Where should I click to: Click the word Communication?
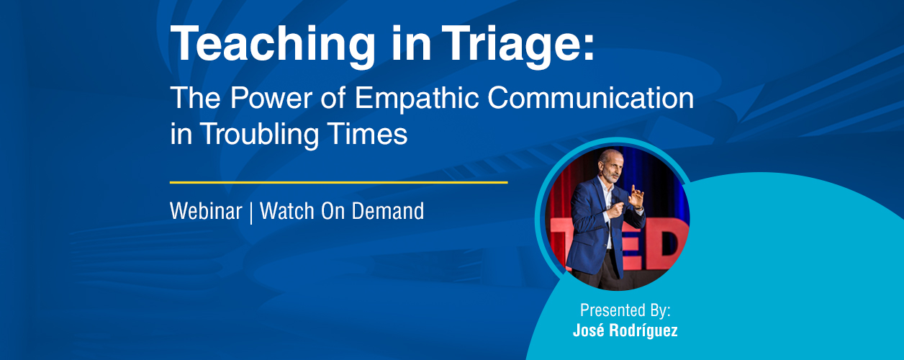tap(591, 97)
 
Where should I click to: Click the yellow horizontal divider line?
tap(338, 182)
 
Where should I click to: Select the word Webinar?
tap(206, 211)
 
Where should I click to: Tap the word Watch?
tap(287, 211)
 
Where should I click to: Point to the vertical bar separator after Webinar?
tap(251, 212)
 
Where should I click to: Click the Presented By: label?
tap(625, 310)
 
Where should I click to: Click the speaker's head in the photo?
tap(609, 166)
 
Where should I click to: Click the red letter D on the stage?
tap(668, 245)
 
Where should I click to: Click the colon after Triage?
tap(589, 47)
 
